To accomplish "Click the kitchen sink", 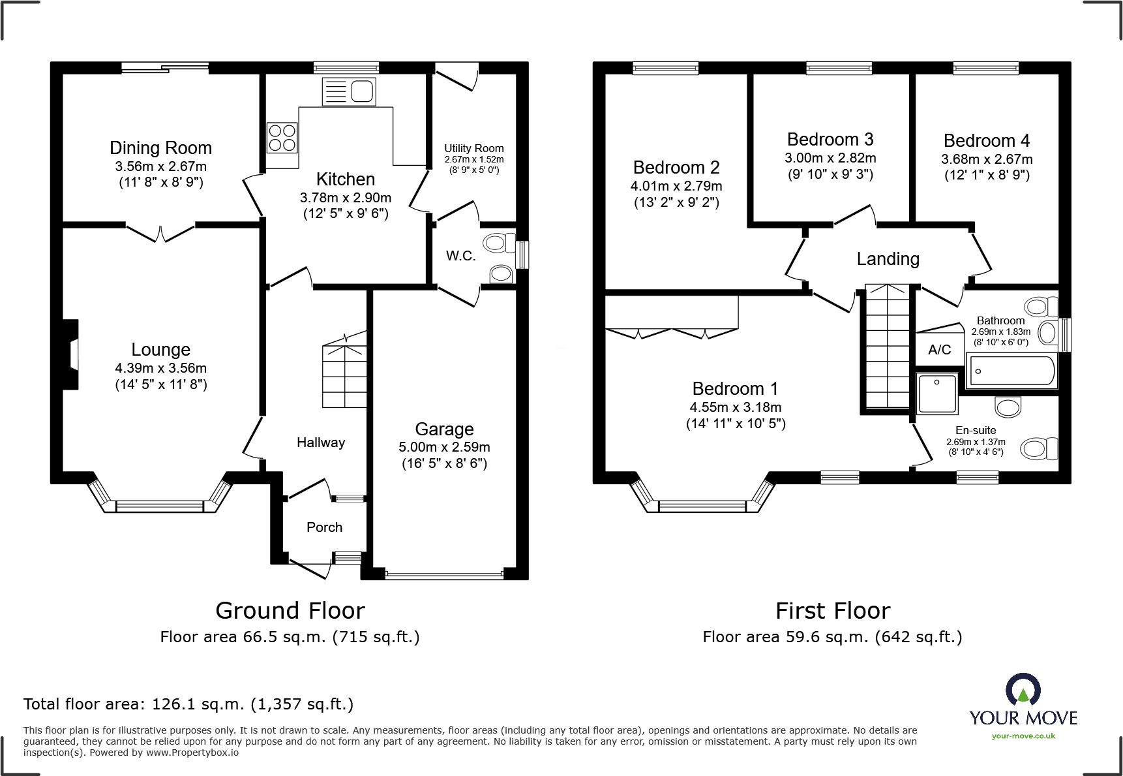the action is [x=349, y=92].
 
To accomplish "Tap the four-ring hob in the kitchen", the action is [x=282, y=138].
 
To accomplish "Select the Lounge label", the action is [x=161, y=350].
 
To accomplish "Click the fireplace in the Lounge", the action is [x=70, y=354].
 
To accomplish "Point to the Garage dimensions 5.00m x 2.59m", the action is [x=444, y=447].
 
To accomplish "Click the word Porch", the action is [x=324, y=527].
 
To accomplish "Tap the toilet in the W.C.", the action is [x=500, y=243].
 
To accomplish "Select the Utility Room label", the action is [x=474, y=148].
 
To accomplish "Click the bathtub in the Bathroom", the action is [x=1010, y=371].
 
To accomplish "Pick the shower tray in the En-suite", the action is [x=937, y=393].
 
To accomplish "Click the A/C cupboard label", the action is [x=939, y=350].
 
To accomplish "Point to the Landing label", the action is [x=888, y=259].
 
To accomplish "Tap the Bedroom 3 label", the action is [x=830, y=140].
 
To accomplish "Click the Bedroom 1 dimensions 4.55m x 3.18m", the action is [x=736, y=407].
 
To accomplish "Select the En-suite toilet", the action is [x=1039, y=449].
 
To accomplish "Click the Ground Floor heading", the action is [x=290, y=611].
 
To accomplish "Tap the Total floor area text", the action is [x=188, y=704].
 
